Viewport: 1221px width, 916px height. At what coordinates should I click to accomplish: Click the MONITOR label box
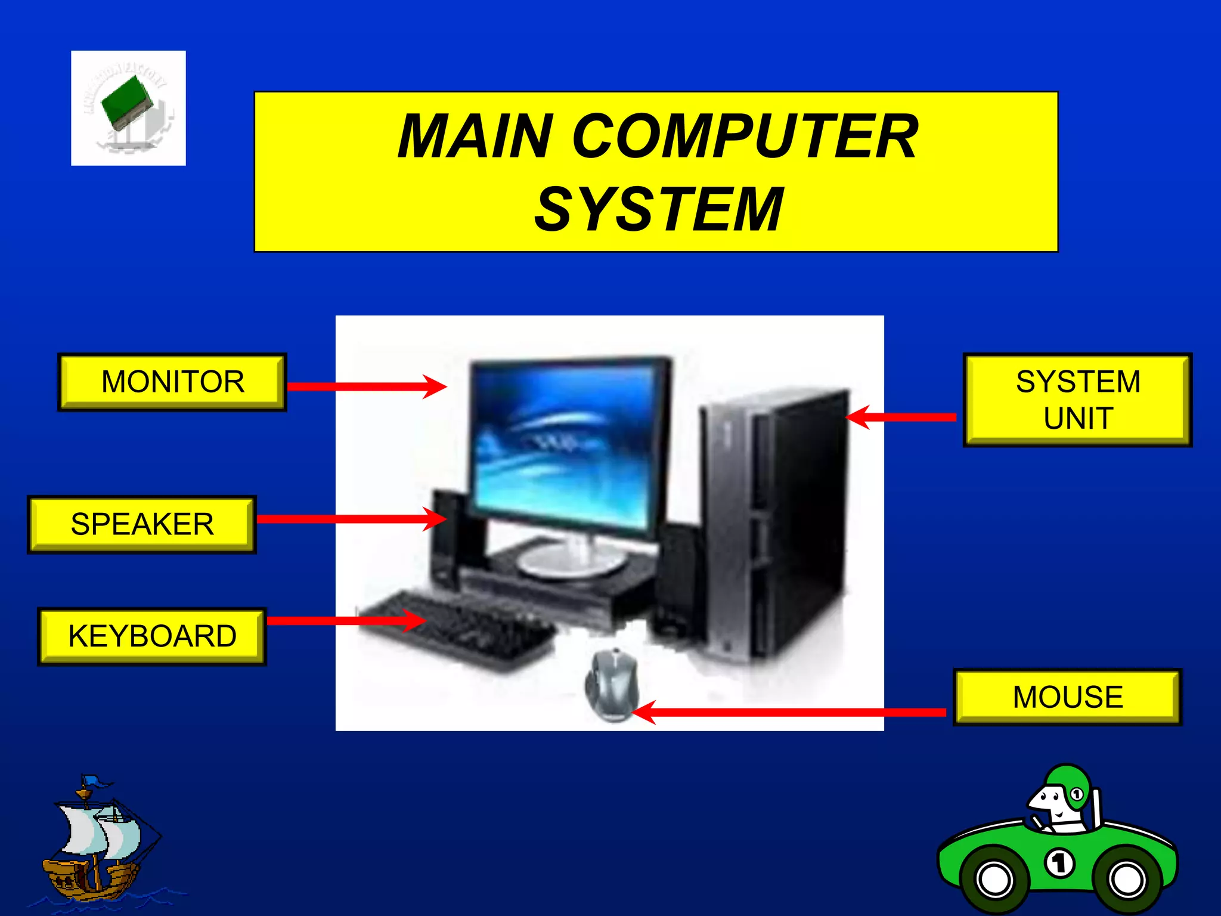(x=172, y=382)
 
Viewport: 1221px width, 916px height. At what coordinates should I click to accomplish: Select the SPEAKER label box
(x=142, y=524)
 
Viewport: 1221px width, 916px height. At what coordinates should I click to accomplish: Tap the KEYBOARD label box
(x=152, y=636)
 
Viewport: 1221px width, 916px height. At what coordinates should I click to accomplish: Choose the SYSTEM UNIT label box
(x=1077, y=400)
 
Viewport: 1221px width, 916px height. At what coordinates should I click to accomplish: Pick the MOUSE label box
(x=1067, y=697)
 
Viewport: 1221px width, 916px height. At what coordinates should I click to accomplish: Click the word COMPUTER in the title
(x=745, y=137)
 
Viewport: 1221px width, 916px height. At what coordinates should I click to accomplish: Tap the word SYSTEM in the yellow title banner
(x=658, y=209)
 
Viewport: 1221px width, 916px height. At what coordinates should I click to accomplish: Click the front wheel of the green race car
(x=1126, y=879)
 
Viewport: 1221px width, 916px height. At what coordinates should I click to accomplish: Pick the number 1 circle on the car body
(x=1059, y=863)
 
